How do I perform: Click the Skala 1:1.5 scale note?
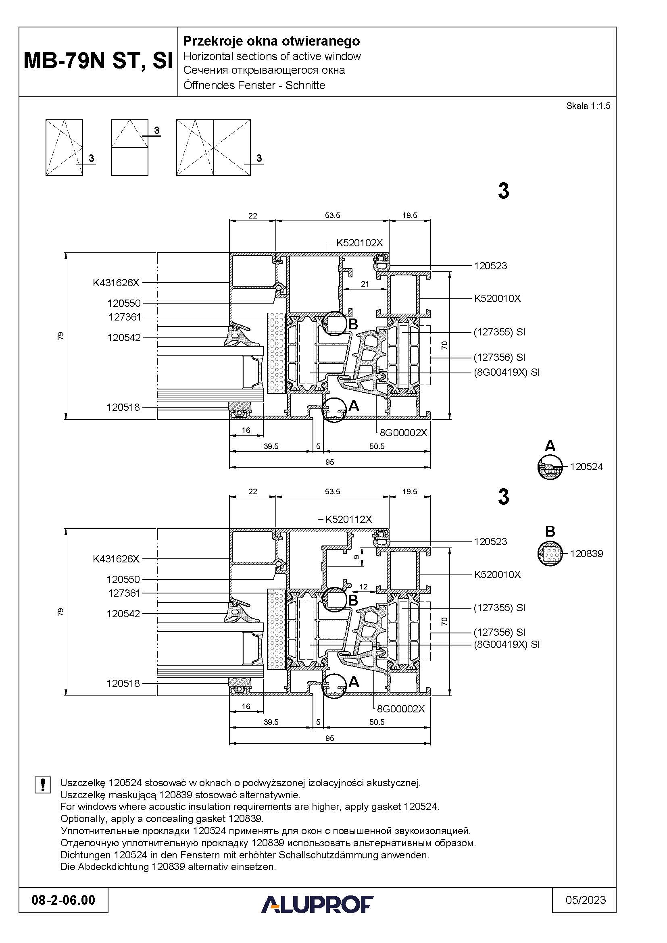coord(588,106)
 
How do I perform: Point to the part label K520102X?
coord(359,243)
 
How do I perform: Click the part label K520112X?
coord(349,519)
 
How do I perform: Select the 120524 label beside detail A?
coord(586,466)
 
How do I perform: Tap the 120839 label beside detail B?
coord(586,554)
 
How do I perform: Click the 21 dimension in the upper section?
coord(365,284)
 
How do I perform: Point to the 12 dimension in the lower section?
coord(363,587)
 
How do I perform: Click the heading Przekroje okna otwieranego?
coord(271,41)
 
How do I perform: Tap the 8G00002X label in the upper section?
coord(403,433)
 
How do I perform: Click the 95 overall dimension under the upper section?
coord(329,462)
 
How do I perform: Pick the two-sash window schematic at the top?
coord(214,148)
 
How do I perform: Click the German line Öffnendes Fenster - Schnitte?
coord(254,85)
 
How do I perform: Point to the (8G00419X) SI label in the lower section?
coord(507,644)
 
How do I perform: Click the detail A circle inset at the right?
coord(550,467)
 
